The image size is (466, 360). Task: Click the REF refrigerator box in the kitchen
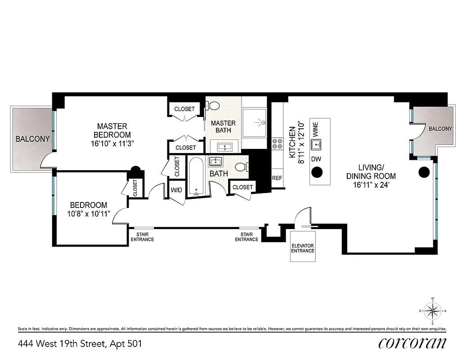click(x=277, y=178)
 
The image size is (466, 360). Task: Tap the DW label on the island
click(x=317, y=159)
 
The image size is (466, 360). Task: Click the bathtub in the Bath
click(x=196, y=176)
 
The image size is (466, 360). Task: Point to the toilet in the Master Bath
click(x=213, y=106)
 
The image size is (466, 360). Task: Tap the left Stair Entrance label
click(x=142, y=237)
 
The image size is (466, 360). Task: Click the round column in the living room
click(x=423, y=172)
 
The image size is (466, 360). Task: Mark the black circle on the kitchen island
click(x=318, y=172)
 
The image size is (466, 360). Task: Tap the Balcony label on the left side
click(x=32, y=139)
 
